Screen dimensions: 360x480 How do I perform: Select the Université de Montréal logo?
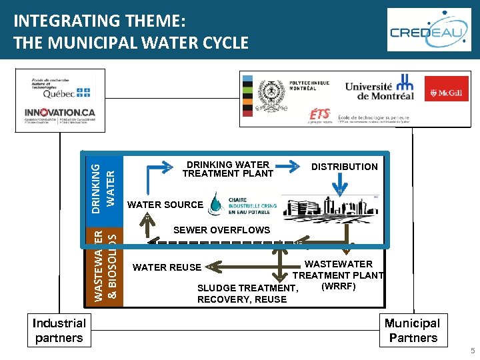(379, 90)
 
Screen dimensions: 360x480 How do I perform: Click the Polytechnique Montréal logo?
(293, 91)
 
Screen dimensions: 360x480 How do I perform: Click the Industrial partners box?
(59, 330)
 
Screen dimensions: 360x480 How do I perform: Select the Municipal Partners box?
(412, 330)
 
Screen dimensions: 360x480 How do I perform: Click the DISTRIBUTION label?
(344, 167)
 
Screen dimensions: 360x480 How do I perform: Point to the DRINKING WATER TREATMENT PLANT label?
(228, 169)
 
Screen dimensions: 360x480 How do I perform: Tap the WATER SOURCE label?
(165, 205)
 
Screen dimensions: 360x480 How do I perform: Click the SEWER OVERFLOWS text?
(221, 230)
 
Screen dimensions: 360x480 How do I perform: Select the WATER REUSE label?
(167, 267)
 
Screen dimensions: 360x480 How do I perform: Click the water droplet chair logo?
(217, 203)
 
